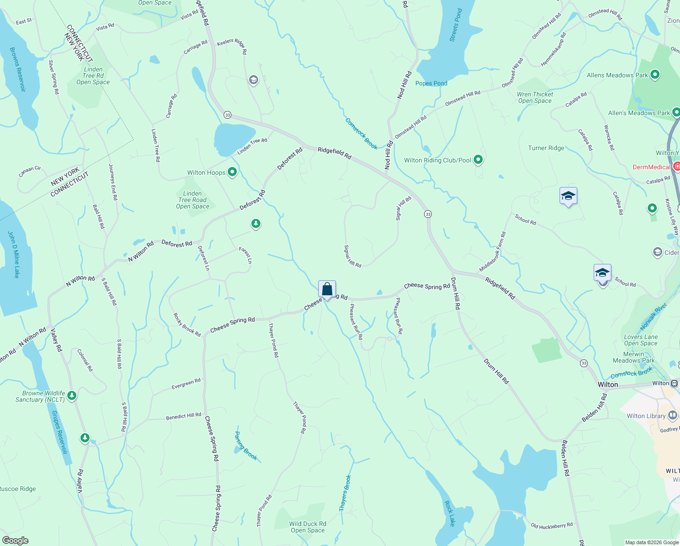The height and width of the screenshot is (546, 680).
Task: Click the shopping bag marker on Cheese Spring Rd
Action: click(x=327, y=289)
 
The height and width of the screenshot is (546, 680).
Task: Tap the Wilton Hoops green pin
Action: click(x=232, y=172)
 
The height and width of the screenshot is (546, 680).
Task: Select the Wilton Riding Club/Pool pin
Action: click(x=478, y=160)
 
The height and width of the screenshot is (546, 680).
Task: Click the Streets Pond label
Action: click(x=456, y=25)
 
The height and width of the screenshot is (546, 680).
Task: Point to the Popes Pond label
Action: click(x=431, y=83)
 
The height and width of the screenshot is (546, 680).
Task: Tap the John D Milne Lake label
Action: click(x=14, y=254)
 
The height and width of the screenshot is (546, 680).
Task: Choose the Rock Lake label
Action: click(x=449, y=513)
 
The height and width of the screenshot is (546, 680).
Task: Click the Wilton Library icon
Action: click(x=673, y=415)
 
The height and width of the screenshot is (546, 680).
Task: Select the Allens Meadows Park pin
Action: click(x=655, y=75)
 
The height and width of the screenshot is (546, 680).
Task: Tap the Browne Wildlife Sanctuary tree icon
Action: click(x=72, y=396)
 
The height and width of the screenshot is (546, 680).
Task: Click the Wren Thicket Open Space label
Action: click(x=535, y=97)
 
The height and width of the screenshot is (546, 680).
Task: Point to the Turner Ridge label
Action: click(x=546, y=148)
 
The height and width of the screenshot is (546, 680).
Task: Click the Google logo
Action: click(x=15, y=541)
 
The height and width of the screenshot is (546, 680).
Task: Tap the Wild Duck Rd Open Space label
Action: click(x=308, y=527)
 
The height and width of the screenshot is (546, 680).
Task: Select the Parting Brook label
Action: click(x=246, y=446)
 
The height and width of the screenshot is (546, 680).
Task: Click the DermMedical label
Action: click(x=651, y=167)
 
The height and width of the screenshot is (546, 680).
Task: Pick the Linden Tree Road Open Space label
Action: click(x=193, y=200)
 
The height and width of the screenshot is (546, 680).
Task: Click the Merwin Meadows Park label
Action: click(x=634, y=357)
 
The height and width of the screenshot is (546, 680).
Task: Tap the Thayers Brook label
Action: click(x=345, y=493)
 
